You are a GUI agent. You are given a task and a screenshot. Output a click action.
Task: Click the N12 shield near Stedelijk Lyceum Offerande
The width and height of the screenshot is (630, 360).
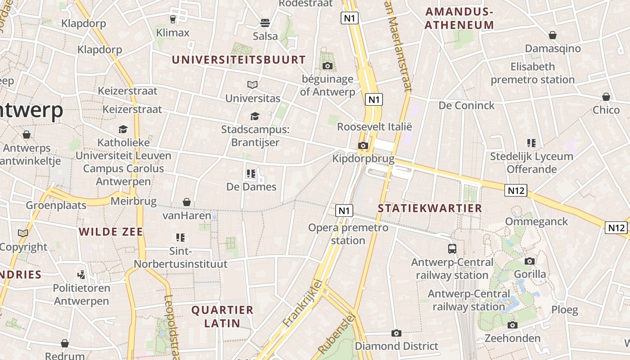click(x=516, y=190)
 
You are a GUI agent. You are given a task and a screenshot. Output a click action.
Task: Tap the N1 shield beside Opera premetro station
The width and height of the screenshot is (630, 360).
click(x=344, y=210)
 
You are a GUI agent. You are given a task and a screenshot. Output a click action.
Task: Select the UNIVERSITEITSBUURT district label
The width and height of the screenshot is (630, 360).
click(x=238, y=60)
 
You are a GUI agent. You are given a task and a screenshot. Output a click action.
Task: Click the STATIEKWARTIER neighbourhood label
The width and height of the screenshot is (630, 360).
click(x=430, y=208)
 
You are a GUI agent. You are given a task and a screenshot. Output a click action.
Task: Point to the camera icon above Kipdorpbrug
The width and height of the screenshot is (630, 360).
click(x=363, y=145)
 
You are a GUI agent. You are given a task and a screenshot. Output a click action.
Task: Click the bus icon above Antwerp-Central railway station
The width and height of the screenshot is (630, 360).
click(x=452, y=248)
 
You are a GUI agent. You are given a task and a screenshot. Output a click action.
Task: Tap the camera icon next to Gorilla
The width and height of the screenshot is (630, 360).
click(x=530, y=261)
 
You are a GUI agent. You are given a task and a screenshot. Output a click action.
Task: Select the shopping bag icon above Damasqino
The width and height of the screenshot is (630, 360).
click(x=553, y=35)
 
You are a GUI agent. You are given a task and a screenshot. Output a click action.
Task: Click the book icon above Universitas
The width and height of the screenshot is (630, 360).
click(x=252, y=85)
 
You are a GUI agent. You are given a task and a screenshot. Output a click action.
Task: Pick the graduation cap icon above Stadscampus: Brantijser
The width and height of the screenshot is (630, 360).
click(x=255, y=117)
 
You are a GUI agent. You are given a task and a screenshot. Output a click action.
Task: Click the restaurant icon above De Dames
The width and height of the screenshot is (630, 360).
click(x=251, y=173)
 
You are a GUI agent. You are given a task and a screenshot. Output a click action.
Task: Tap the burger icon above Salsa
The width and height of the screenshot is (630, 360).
click(x=265, y=22)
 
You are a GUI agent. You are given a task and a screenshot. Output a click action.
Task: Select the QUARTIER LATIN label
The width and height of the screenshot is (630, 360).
click(x=222, y=316)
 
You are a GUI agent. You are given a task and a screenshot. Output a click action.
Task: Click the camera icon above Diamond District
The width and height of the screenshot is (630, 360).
click(x=396, y=333)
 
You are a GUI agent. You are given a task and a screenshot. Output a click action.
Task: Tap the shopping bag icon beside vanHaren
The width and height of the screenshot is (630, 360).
click(x=187, y=202)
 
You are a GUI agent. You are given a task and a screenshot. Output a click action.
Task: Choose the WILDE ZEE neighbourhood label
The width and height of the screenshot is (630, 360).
click(x=111, y=232)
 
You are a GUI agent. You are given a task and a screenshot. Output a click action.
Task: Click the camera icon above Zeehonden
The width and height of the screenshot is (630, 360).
click(x=512, y=325)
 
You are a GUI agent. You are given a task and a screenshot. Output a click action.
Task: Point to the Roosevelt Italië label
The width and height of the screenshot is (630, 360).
click(x=374, y=127)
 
